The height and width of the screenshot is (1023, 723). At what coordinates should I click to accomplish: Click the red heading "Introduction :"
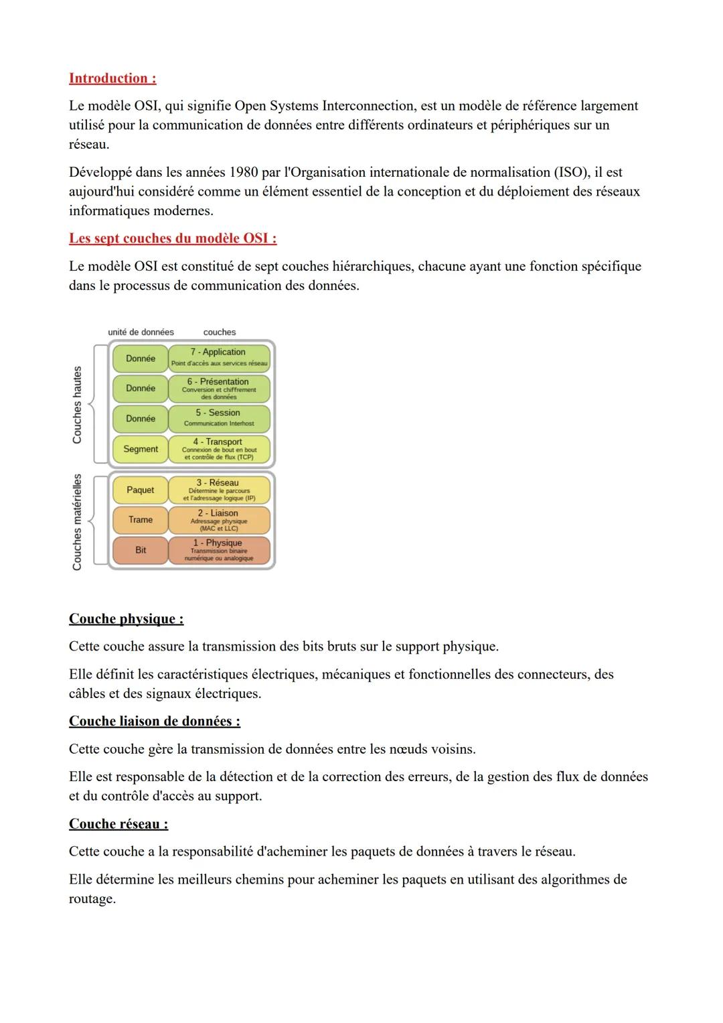[x=112, y=78]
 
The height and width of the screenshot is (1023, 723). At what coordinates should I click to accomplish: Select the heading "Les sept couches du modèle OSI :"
[x=173, y=238]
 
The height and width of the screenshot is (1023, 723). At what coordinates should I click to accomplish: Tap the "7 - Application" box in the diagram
[x=219, y=357]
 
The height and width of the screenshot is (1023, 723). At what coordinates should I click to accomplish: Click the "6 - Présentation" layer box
[x=219, y=388]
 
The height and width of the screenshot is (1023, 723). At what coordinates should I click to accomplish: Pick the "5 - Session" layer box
[x=219, y=417]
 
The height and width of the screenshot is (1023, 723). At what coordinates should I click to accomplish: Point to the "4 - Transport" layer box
[x=219, y=448]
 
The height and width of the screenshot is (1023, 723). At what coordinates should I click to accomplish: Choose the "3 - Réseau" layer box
[x=219, y=490]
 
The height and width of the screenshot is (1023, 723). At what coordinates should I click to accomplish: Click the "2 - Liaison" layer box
[x=219, y=520]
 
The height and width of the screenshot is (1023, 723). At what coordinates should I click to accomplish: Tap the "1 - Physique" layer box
[x=219, y=550]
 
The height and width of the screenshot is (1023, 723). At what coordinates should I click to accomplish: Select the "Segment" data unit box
[x=141, y=449]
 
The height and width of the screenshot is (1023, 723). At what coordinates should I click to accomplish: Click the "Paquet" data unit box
[x=141, y=490]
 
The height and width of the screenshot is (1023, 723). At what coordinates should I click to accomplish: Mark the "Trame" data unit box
[x=141, y=520]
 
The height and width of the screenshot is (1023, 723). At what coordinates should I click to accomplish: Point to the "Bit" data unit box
[x=141, y=550]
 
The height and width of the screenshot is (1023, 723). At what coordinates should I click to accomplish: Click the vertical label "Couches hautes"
[x=77, y=405]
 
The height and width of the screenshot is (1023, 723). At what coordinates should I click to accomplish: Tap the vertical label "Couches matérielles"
[x=77, y=523]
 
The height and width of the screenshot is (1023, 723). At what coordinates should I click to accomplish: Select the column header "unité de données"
[x=141, y=332]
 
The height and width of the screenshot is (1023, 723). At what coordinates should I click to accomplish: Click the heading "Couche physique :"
[x=126, y=619]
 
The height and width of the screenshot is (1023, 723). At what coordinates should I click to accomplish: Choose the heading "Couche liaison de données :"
[x=155, y=722]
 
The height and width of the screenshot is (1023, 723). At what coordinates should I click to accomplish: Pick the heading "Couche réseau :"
[x=118, y=824]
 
